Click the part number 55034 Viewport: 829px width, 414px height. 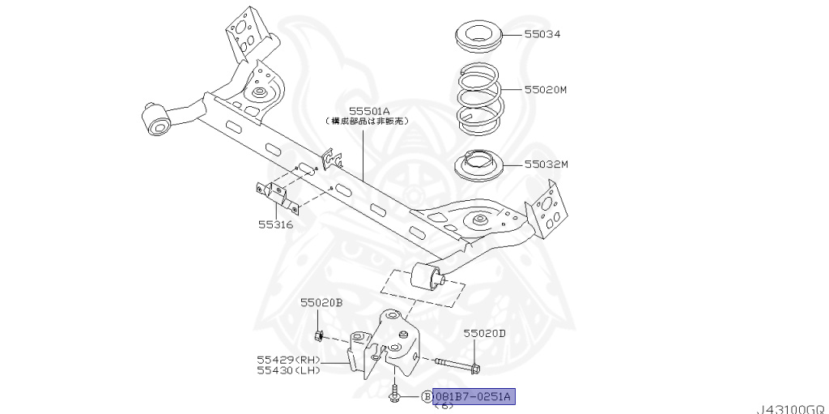coord(542,35)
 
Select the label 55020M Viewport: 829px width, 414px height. coord(546,92)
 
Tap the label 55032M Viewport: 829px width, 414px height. coord(546,164)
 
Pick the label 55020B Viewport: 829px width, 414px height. coord(321,303)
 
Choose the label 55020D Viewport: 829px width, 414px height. coord(484,333)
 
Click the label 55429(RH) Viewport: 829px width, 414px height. coord(289,360)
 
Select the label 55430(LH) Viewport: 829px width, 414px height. coord(289,371)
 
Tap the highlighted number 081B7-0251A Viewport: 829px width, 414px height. coord(474,396)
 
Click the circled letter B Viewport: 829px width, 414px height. coord(426,396)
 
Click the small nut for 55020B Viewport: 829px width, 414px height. coord(319,335)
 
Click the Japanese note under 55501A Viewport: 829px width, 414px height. coord(369,121)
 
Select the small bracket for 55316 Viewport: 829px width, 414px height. coord(276,195)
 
